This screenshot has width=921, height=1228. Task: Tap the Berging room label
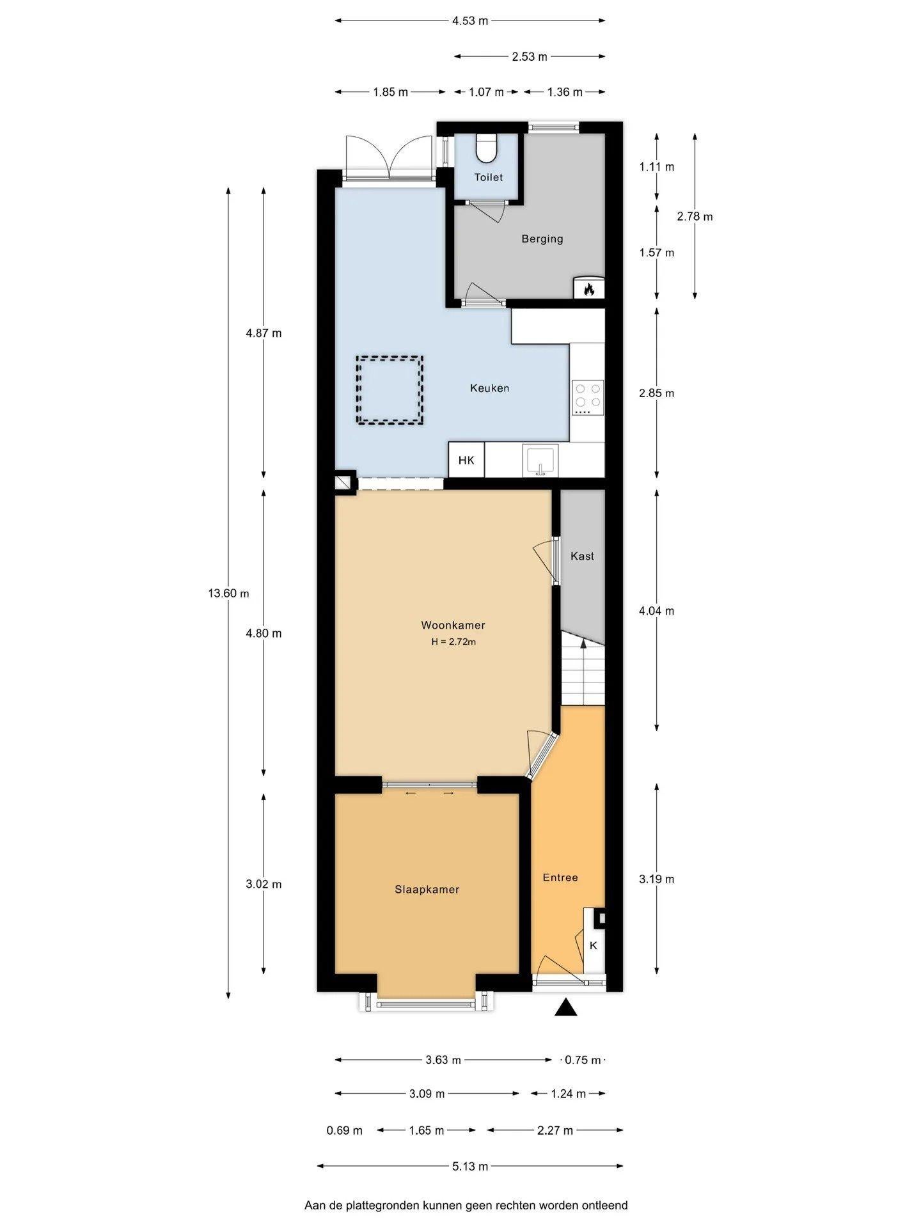pos(542,239)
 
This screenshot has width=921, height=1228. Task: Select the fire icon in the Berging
pos(588,288)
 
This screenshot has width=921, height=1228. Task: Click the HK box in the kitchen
pos(466,460)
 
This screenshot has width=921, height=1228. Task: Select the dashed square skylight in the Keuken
pos(390,390)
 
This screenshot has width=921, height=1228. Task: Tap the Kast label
pos(582,556)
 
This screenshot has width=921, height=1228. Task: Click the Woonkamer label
pos(453,625)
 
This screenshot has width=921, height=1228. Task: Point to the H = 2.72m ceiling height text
pos(453,642)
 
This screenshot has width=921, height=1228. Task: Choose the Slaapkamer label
pos(427,889)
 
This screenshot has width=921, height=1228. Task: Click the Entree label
pos(560,878)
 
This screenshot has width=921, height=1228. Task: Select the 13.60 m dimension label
pos(228,593)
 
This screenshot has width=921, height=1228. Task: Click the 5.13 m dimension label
pos(470,1166)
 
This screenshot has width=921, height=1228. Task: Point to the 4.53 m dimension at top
pos(470,20)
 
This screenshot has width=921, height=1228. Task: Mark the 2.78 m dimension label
pos(695,216)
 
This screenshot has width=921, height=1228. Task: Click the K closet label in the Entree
pos(593,945)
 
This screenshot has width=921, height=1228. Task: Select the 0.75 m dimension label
pos(583,1060)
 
